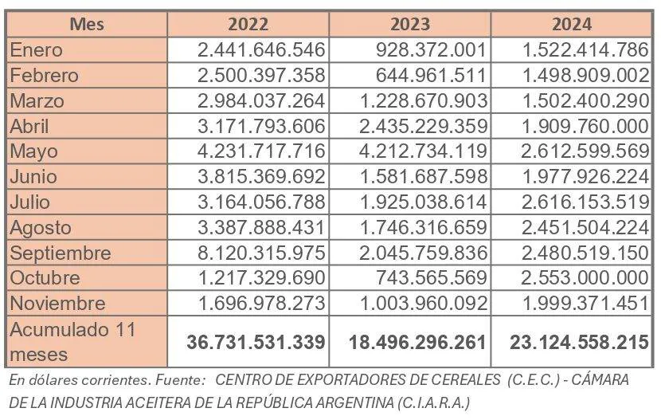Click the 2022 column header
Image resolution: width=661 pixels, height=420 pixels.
tap(248, 24)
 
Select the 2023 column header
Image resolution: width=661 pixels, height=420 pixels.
tap(409, 24)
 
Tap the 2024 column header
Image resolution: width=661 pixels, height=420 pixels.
tap(571, 24)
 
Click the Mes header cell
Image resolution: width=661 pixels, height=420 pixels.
tap(87, 24)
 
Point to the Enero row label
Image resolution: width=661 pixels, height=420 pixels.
tap(36, 50)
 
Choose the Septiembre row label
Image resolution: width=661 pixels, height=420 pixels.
tap(61, 253)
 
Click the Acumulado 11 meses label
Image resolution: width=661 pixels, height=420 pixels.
tap(72, 342)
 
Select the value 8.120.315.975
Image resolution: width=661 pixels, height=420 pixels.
tap(261, 253)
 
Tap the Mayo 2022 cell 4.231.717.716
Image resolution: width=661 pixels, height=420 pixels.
tap(261, 151)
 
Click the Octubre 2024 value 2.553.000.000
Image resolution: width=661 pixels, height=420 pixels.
tap(585, 278)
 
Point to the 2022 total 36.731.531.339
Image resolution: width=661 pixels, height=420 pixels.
tap(256, 343)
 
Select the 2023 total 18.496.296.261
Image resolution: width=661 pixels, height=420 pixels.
tap(418, 343)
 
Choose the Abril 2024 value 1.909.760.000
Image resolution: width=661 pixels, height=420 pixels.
tap(585, 126)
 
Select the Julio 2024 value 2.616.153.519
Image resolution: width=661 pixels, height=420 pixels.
tap(585, 202)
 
